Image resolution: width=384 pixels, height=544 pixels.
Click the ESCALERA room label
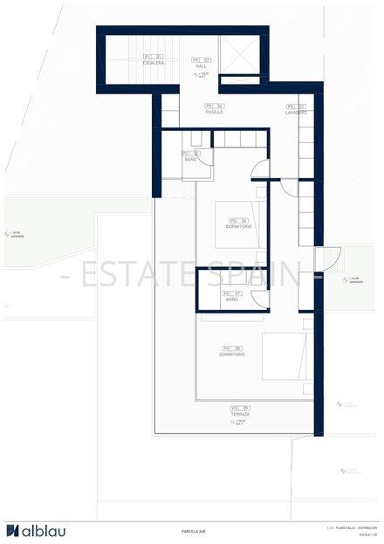click(x=153, y=63)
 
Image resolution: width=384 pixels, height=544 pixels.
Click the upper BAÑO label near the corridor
click(x=190, y=160)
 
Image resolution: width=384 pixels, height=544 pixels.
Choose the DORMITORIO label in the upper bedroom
click(x=238, y=227)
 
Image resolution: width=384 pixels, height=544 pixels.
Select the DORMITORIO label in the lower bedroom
click(x=232, y=355)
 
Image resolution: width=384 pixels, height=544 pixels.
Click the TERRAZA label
click(x=240, y=414)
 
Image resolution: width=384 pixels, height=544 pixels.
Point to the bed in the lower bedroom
click(x=285, y=355)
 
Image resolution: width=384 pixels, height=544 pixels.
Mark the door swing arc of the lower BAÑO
click(x=260, y=298)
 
